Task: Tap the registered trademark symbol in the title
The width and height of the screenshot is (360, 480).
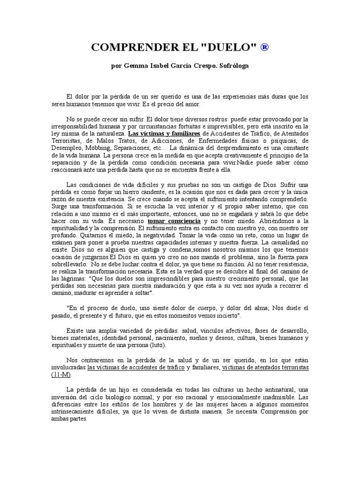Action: (x=264, y=48)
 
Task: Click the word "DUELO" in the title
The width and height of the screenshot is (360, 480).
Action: (x=221, y=48)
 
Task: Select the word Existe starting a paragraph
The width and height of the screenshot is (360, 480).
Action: (x=76, y=331)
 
